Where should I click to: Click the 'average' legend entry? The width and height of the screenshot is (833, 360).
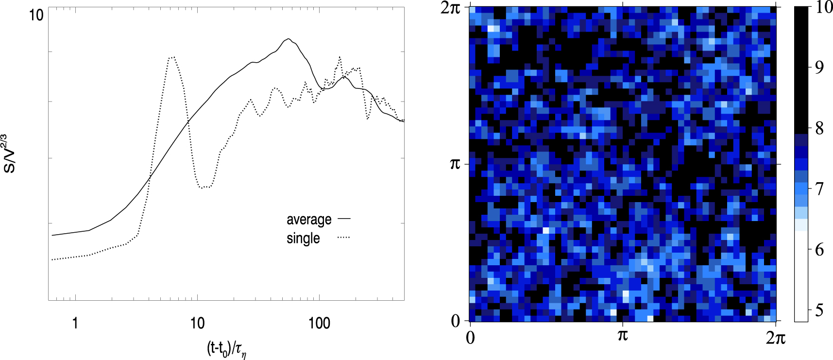click(x=309, y=220)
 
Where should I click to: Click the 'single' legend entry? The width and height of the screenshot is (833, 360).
click(x=303, y=239)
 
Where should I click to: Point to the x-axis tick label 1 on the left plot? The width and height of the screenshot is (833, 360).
click(x=75, y=323)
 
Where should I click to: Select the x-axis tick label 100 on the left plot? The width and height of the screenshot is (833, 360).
click(x=319, y=323)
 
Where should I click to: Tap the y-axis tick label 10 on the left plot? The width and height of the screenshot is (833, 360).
click(x=36, y=15)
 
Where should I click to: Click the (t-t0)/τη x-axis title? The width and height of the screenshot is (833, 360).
click(x=227, y=349)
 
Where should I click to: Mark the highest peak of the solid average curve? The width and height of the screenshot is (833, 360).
click(x=289, y=39)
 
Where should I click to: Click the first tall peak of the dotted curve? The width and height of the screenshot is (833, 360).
click(x=171, y=57)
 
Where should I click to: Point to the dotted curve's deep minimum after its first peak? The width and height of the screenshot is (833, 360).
click(x=204, y=187)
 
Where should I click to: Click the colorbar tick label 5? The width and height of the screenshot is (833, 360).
click(x=819, y=310)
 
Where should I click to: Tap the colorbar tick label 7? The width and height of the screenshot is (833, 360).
click(x=819, y=189)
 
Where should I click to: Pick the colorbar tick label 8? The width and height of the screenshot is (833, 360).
click(x=819, y=128)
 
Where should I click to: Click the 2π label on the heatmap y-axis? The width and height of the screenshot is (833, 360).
click(x=450, y=8)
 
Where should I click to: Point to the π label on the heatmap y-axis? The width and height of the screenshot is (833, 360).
click(x=455, y=164)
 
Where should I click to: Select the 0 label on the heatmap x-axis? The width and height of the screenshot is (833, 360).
click(x=470, y=337)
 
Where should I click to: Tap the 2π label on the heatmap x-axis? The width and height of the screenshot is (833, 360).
click(x=775, y=337)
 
